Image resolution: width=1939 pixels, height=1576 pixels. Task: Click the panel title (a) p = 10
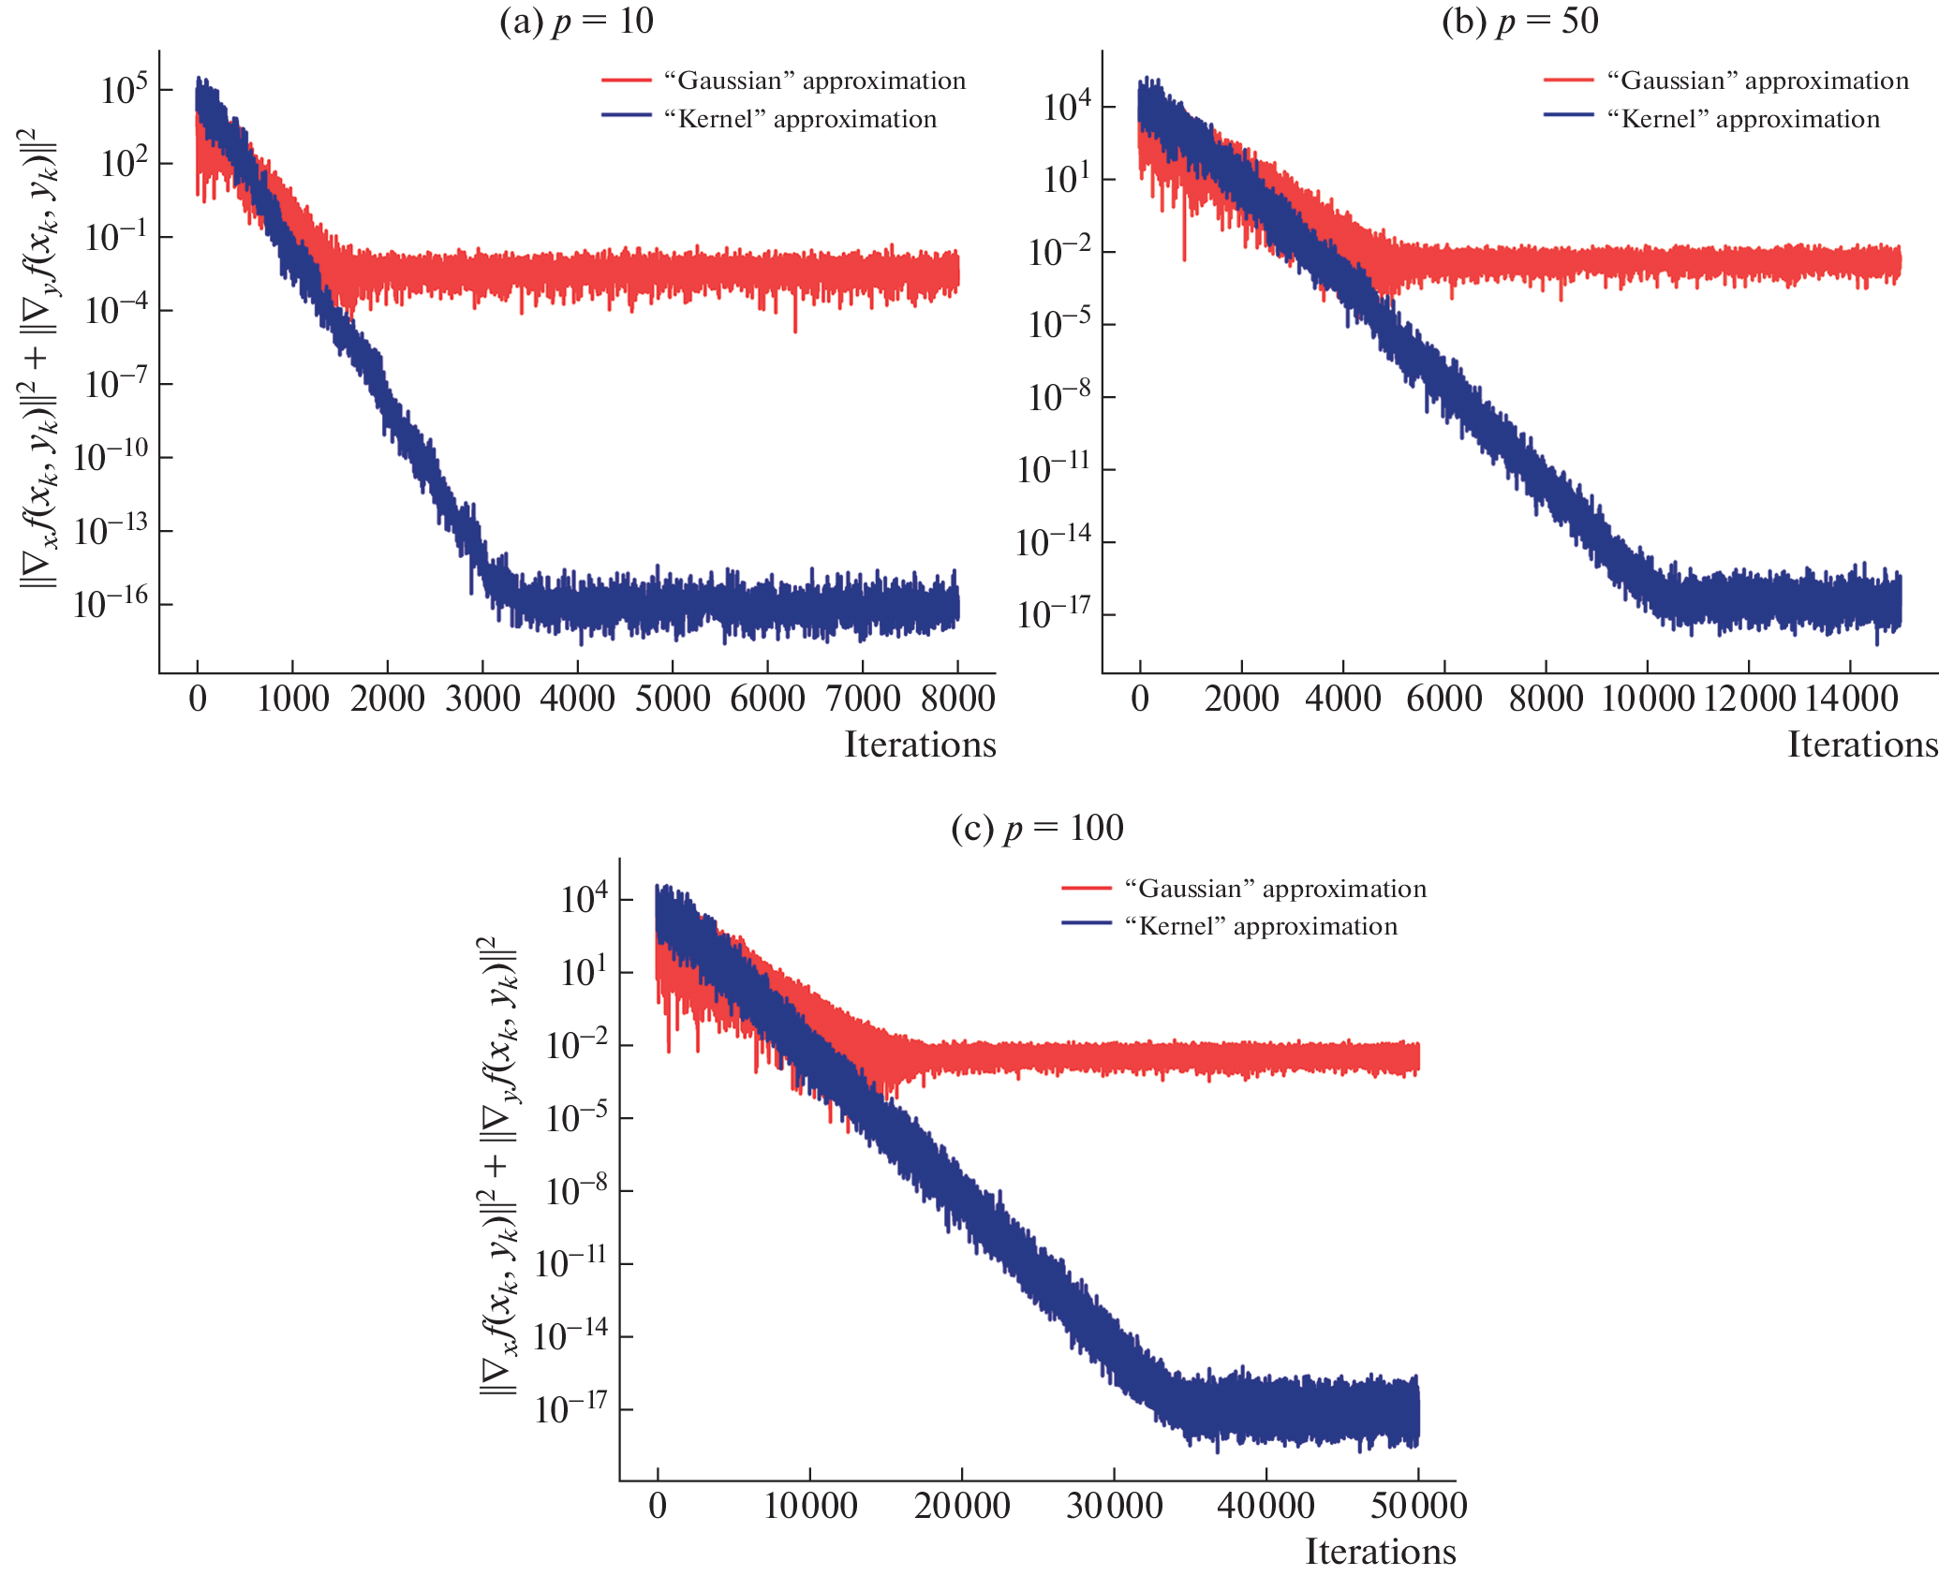click(576, 21)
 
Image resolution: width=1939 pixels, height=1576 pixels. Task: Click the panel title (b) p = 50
click(1519, 21)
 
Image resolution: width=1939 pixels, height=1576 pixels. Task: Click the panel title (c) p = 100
click(1037, 828)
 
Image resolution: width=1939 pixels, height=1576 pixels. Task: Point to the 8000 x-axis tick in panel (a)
click(957, 699)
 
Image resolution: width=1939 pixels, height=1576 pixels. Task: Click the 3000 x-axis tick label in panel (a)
click(482, 699)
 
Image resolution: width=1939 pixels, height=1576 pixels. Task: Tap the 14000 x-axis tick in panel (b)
click(1849, 699)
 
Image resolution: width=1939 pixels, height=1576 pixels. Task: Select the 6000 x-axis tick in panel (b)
click(1444, 699)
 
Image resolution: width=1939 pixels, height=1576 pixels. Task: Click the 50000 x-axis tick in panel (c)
click(1418, 1506)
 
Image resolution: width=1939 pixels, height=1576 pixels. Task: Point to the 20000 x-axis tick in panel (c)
click(962, 1506)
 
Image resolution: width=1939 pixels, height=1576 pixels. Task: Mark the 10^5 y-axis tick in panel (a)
click(124, 90)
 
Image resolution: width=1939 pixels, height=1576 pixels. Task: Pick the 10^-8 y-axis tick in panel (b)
click(1058, 397)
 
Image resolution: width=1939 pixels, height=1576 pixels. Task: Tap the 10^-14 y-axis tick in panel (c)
click(570, 1336)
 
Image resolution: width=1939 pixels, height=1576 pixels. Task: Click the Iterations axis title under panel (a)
click(920, 744)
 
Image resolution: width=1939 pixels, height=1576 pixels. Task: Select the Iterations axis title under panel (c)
click(1381, 1552)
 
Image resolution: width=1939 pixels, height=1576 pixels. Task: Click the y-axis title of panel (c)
click(498, 1166)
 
